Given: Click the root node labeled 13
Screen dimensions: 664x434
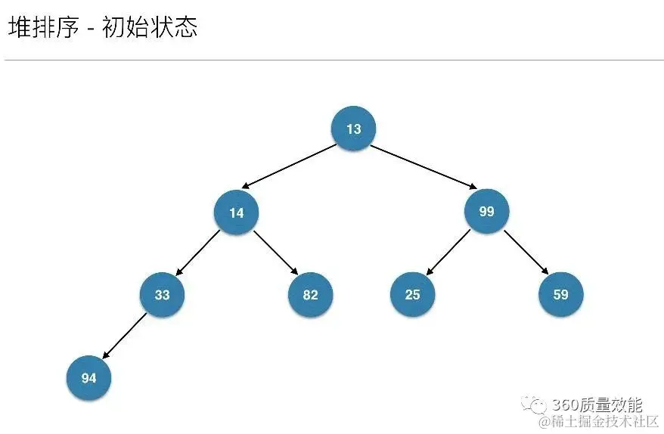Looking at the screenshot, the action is pyautogui.click(x=353, y=129).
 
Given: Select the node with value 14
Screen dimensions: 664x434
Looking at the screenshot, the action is pyautogui.click(x=237, y=212).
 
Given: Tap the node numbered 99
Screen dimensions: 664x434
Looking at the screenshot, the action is pyautogui.click(x=486, y=211).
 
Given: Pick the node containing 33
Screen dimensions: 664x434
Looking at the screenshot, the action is pyautogui.click(x=162, y=295).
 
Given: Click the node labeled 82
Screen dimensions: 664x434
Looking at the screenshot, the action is pyautogui.click(x=310, y=295).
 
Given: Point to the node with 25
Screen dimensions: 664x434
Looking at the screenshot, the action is pyautogui.click(x=412, y=295).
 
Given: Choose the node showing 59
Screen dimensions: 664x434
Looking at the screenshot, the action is pyautogui.click(x=560, y=295).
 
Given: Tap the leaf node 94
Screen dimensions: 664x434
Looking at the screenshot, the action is pyautogui.click(x=88, y=378).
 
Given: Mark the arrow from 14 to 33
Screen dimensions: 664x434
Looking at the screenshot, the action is pyautogui.click(x=198, y=253).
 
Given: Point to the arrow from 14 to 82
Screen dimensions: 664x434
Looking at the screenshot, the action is pyautogui.click(x=275, y=253).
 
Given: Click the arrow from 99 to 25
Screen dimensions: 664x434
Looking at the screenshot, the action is pyautogui.click(x=448, y=253).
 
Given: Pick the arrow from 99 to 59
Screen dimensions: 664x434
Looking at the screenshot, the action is pyautogui.click(x=525, y=253).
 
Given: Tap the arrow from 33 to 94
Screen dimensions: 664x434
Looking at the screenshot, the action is pyautogui.click(x=125, y=336).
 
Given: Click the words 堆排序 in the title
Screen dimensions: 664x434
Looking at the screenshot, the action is pyautogui.click(x=43, y=28).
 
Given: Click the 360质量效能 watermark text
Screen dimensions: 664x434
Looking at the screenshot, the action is pyautogui.click(x=597, y=405).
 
